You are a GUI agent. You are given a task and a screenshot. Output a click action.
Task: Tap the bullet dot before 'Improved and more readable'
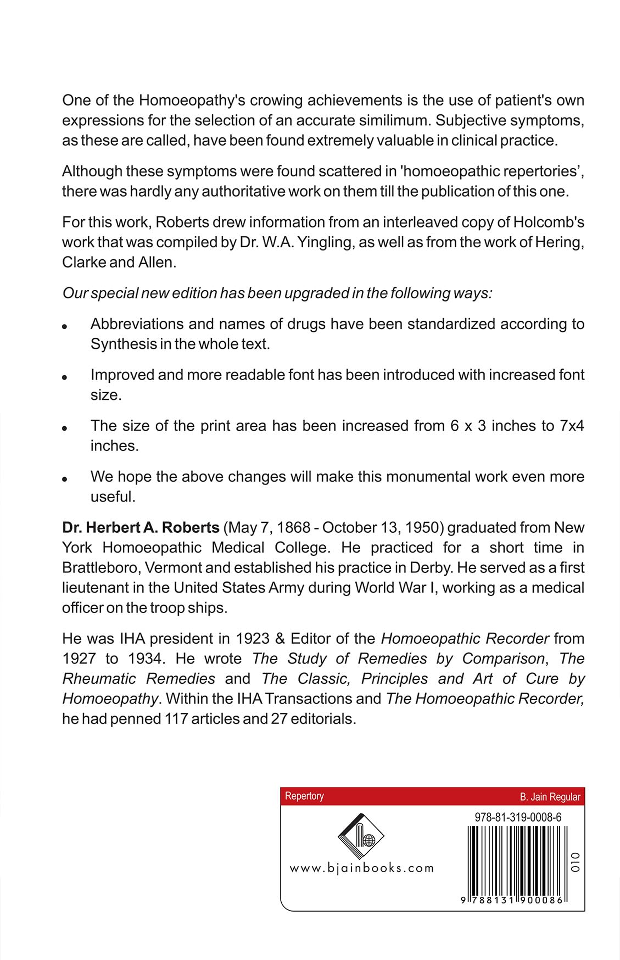[x=65, y=377]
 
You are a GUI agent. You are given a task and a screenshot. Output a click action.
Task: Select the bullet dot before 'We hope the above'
[x=65, y=479]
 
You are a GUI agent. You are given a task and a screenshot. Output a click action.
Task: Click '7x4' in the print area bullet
[x=572, y=426]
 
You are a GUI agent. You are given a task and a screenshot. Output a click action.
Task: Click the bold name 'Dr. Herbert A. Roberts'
[x=141, y=527]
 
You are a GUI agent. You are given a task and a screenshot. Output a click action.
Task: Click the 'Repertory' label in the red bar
[x=304, y=796]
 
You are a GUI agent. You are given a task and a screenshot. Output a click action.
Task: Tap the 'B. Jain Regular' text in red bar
[x=550, y=797]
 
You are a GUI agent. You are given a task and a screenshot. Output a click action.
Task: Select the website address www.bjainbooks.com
[x=361, y=868]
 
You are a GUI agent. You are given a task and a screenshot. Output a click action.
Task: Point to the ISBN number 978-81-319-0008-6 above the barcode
[x=518, y=817]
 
